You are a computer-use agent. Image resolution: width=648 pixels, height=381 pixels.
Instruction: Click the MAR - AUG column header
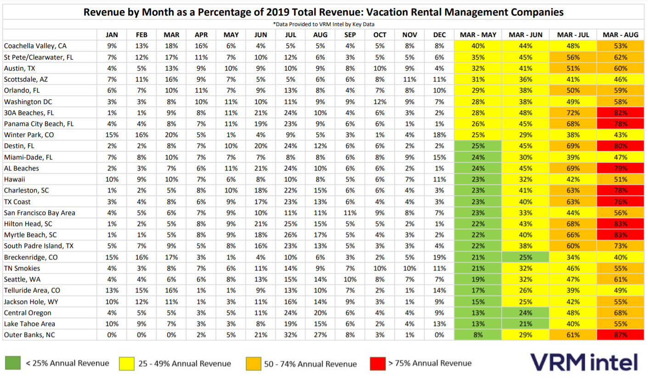tap(620, 35)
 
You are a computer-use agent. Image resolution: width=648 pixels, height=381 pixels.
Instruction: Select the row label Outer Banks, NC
tap(29, 335)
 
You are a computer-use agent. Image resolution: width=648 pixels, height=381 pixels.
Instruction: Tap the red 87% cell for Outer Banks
tap(620, 335)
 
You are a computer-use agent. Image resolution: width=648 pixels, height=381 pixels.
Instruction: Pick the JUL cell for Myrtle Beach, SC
tap(290, 235)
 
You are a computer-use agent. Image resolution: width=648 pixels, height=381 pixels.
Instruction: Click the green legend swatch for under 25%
tap(13, 363)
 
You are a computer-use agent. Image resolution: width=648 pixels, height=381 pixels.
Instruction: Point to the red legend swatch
tap(378, 363)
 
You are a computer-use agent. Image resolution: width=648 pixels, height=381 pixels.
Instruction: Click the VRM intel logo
tap(584, 362)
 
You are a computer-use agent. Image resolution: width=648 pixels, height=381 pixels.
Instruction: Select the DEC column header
tap(440, 35)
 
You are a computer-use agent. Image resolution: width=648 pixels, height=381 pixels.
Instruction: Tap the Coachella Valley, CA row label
tap(35, 46)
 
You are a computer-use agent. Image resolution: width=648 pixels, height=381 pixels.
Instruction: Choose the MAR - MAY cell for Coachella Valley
tap(478, 46)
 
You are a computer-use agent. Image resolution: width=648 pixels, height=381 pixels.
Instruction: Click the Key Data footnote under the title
tap(324, 24)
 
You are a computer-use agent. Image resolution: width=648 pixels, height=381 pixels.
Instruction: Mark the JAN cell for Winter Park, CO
tap(112, 135)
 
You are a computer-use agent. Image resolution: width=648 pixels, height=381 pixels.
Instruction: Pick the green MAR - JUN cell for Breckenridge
tap(525, 257)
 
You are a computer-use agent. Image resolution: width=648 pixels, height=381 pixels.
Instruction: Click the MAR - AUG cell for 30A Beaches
tap(620, 113)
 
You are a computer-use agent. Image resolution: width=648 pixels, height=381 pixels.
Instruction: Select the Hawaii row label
tap(14, 179)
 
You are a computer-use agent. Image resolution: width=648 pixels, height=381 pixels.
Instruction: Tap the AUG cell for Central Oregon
tap(320, 313)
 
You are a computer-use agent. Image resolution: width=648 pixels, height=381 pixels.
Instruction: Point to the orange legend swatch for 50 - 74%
tap(254, 364)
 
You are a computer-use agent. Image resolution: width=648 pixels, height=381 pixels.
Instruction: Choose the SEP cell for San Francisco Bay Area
tap(350, 213)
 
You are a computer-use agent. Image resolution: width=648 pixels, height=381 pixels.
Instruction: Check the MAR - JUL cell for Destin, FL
tap(573, 146)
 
